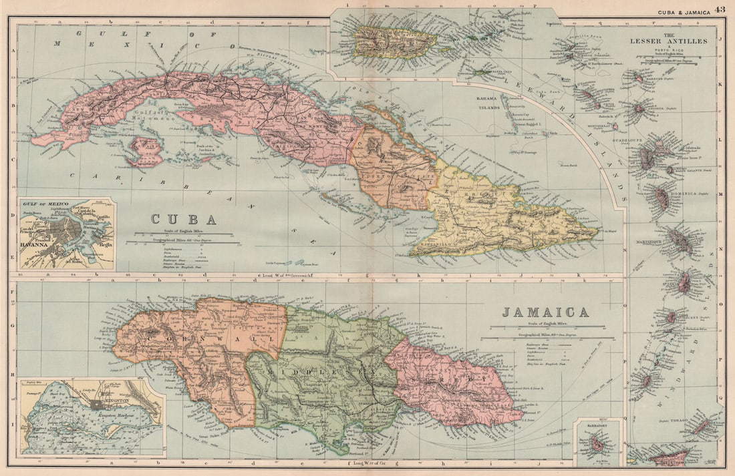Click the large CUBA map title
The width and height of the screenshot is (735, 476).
183,219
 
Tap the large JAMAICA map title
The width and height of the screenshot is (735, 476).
545,312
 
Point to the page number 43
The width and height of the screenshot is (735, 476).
720,9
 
